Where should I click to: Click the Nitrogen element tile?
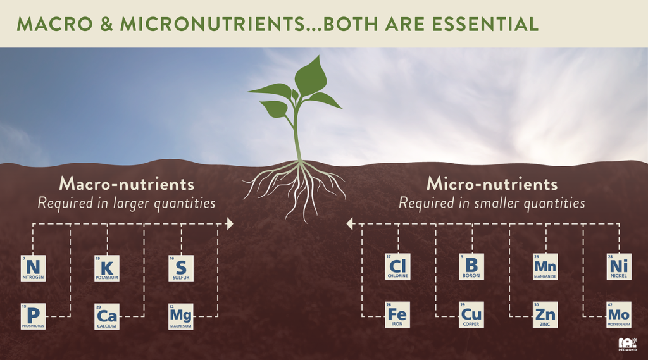point(33,268)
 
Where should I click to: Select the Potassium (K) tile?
point(107,268)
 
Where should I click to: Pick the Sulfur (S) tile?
point(181,268)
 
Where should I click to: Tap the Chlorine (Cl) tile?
point(398,267)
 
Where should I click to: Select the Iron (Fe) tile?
point(398,314)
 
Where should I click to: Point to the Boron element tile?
point(471,267)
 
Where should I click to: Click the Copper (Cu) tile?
point(471,314)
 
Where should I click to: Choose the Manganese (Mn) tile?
point(545,267)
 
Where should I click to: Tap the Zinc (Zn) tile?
point(545,314)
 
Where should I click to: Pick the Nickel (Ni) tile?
point(619,267)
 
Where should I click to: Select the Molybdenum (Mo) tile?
point(619,314)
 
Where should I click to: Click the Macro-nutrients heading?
point(127,184)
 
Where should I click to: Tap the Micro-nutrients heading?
point(492,184)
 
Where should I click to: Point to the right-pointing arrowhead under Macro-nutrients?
point(230,224)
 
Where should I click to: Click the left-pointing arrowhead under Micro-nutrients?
point(349,224)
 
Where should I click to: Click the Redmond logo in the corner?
point(626,344)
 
